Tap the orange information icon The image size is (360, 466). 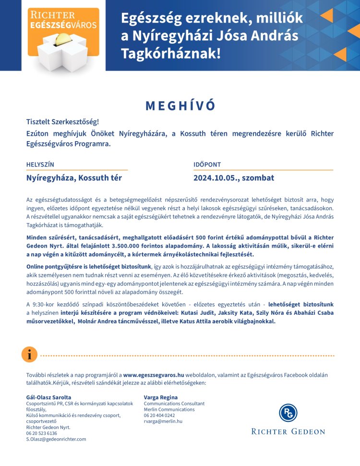(x=29, y=355)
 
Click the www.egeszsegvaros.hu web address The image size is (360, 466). (x=154, y=375)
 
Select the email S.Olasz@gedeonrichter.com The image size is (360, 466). (x=56, y=439)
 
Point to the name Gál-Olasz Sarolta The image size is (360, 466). (x=48, y=397)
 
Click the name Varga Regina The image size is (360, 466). (x=161, y=397)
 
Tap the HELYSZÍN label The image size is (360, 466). (x=40, y=165)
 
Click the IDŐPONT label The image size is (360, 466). (x=207, y=165)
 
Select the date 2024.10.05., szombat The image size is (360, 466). (x=234, y=178)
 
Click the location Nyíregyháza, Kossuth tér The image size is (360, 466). (x=74, y=178)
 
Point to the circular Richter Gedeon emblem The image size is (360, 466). (x=288, y=413)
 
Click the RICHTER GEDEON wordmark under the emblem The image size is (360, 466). (x=288, y=432)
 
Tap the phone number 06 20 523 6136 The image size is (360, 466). (x=42, y=433)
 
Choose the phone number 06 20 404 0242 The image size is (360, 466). (x=159, y=416)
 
